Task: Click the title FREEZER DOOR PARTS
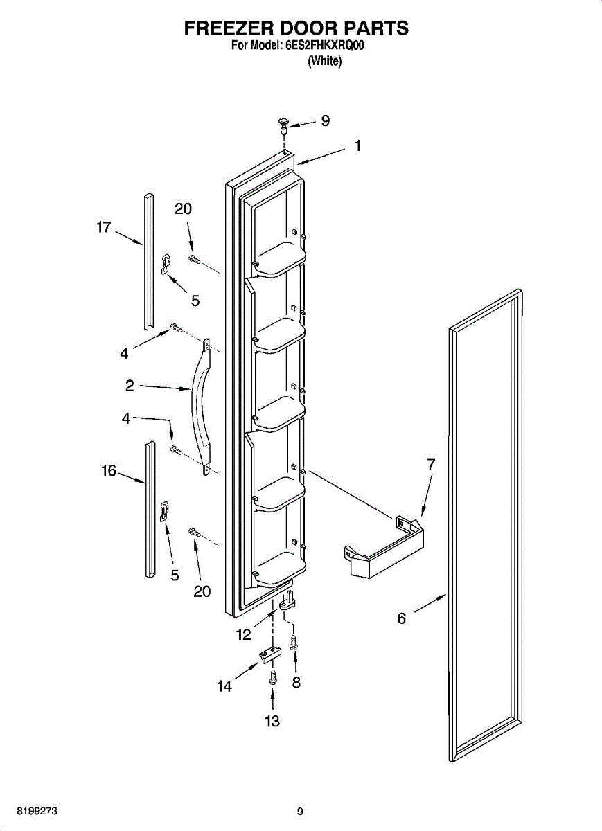[296, 28]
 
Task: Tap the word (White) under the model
[324, 61]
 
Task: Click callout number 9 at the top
[325, 121]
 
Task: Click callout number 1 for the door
[357, 146]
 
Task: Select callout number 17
[104, 226]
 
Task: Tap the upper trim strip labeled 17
[148, 263]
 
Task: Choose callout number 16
[108, 471]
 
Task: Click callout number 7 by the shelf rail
[431, 465]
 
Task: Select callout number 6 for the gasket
[402, 618]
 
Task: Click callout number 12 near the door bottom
[243, 634]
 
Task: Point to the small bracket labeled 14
[269, 653]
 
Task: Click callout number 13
[272, 722]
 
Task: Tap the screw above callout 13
[272, 677]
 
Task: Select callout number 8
[296, 682]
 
